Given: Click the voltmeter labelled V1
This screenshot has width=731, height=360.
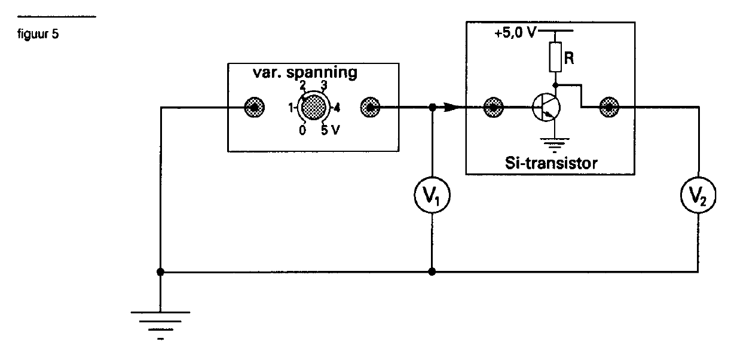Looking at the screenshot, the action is point(432,195).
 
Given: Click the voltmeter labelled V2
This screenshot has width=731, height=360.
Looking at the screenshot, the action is point(698,195).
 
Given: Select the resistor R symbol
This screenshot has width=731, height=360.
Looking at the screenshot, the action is point(555,57).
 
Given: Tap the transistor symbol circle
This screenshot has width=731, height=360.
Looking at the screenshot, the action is point(546,108).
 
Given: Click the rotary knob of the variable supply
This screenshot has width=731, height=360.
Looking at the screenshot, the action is point(313,108).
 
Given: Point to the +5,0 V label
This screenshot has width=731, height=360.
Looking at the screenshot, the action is point(515,33).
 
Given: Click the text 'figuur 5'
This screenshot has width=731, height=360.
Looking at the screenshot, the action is point(38,34).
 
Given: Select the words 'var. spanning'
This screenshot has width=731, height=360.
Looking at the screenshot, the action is point(305,73).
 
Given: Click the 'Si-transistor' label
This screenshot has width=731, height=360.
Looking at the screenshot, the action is point(551,163).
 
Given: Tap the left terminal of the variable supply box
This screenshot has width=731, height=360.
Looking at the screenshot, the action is point(254,108).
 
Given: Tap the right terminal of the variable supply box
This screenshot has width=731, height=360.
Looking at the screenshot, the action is point(370,108).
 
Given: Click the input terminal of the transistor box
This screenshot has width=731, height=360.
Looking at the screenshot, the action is point(494,108).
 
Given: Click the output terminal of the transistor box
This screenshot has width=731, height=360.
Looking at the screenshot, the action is point(609,107).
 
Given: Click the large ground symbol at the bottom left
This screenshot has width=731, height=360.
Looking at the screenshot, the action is point(160,326).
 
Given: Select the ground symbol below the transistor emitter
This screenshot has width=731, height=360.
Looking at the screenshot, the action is point(555,145).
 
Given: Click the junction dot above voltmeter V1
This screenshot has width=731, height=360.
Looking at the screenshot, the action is point(432,108).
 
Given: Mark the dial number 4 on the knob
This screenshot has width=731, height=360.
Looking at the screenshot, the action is point(337,108).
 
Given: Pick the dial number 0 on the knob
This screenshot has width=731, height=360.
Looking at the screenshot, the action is point(302,130).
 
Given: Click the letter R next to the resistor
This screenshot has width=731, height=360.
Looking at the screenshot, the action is point(569,58).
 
